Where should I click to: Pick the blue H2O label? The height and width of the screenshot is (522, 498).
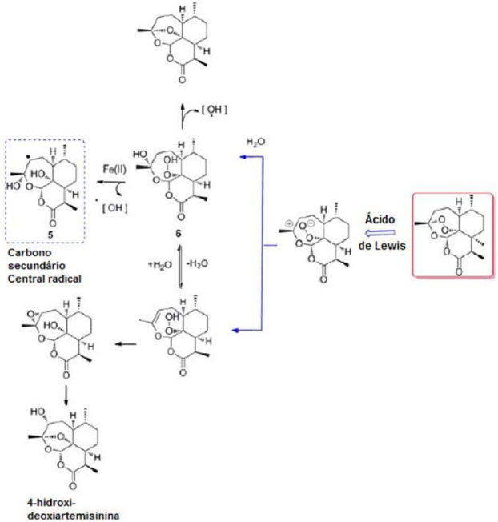[255, 142]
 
